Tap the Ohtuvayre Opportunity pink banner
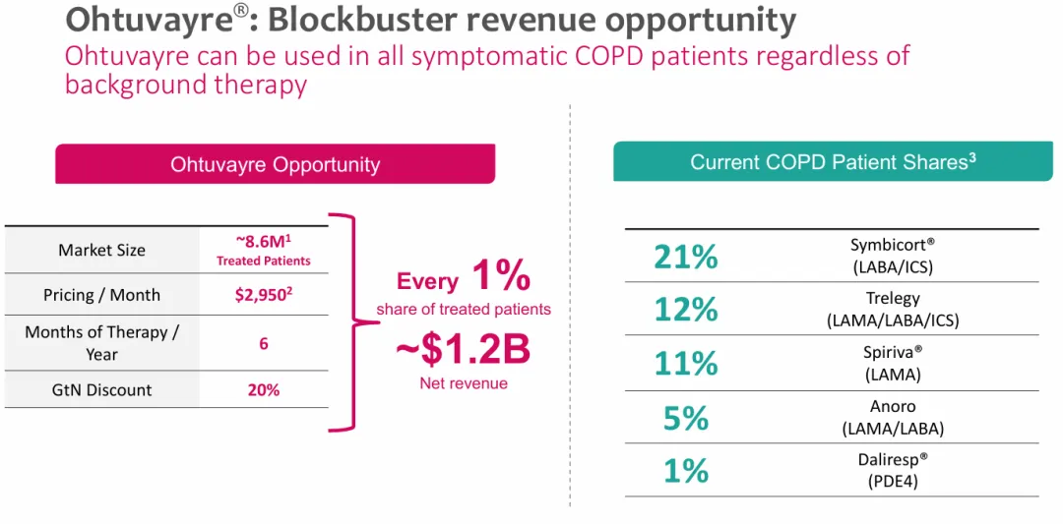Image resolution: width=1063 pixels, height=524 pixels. coord(275,164)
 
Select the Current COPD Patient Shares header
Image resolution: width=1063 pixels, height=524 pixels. coord(833,162)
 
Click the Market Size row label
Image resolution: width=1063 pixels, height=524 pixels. coord(101,250)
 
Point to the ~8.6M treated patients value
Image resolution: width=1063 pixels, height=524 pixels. coord(263,251)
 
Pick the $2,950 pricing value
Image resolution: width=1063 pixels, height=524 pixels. coord(263,295)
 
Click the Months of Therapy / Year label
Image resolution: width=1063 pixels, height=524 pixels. coord(101,342)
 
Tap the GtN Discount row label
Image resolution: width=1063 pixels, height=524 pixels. coord(101,389)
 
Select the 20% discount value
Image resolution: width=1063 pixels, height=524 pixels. coord(263,389)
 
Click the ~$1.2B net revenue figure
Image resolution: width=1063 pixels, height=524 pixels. coord(464,350)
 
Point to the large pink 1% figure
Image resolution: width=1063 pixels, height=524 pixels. coord(501,277)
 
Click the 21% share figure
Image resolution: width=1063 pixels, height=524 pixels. coord(685,257)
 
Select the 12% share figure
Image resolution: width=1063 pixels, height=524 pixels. coord(685,310)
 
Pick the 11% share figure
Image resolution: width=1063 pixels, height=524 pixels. coord(685,363)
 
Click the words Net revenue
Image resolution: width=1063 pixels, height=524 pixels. coord(464,383)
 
